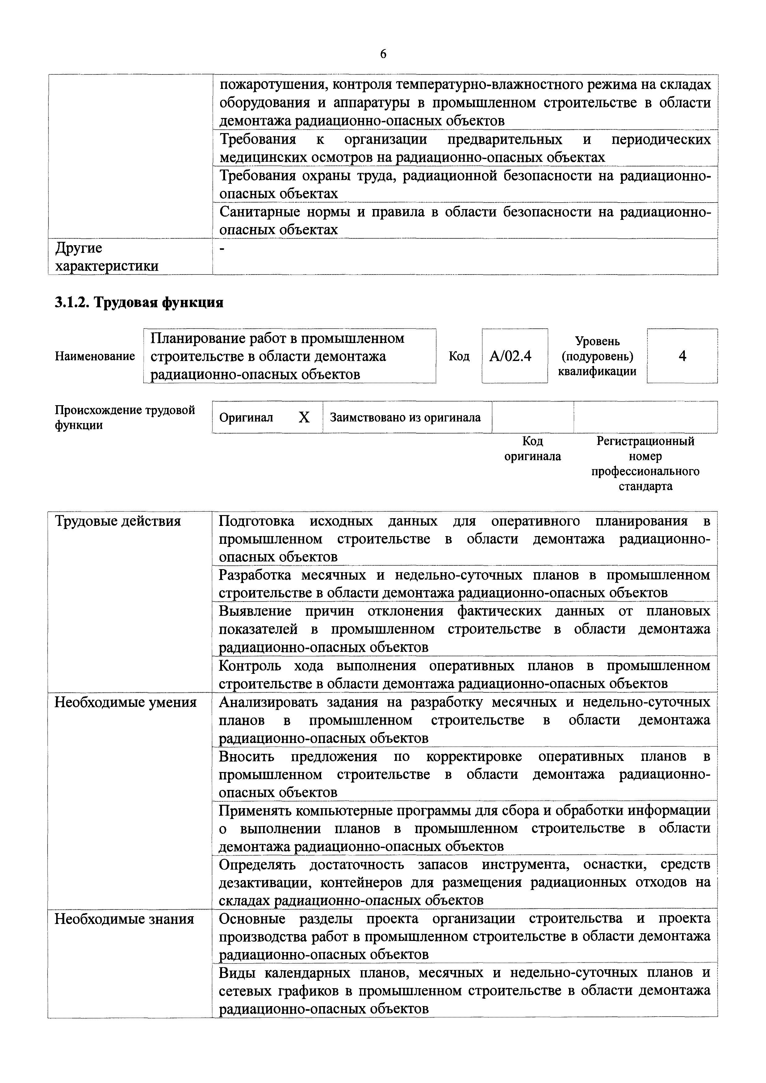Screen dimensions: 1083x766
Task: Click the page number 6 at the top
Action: pos(383,55)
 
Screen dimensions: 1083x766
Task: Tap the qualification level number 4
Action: pos(682,356)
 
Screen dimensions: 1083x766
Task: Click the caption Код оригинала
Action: pos(533,449)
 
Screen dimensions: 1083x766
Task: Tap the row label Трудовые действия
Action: pos(118,521)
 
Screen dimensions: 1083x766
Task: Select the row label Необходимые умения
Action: pos(125,702)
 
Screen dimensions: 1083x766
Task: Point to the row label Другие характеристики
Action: pos(107,257)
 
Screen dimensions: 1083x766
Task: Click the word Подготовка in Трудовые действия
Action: pos(257,521)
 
